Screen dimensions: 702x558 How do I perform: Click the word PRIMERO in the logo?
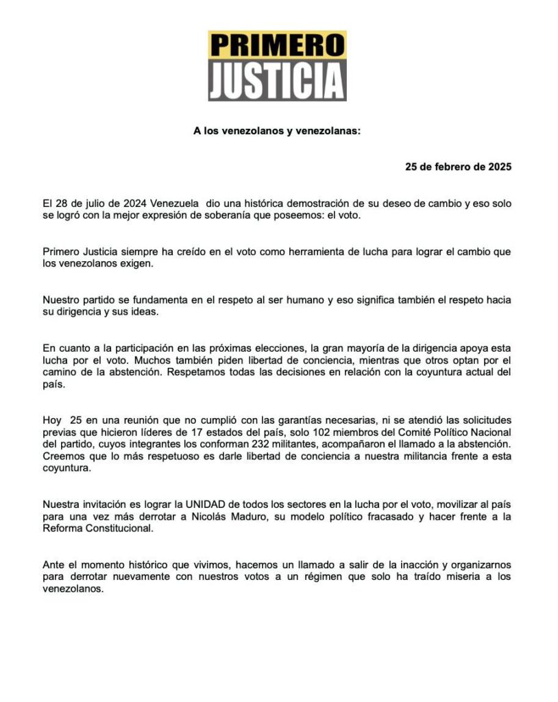coord(277,45)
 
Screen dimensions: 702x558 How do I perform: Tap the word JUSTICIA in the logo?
coord(277,81)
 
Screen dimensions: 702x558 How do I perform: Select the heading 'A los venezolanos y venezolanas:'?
coord(277,131)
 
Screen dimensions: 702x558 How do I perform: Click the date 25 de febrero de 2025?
coord(458,167)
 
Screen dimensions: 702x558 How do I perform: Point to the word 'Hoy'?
coord(52,420)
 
